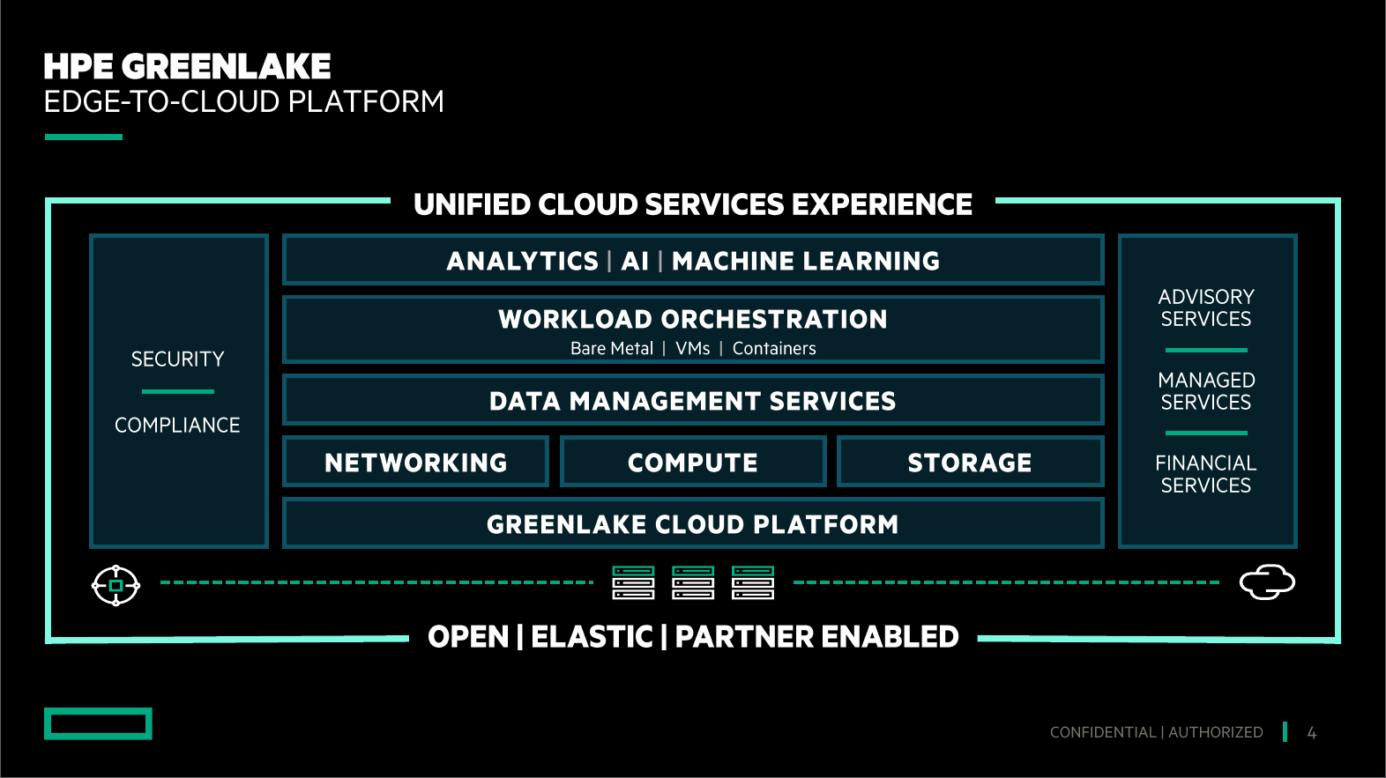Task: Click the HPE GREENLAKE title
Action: (187, 67)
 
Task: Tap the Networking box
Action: (416, 462)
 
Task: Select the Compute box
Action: (693, 462)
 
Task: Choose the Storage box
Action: (970, 462)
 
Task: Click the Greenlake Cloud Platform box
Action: (693, 523)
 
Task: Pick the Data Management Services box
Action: (693, 399)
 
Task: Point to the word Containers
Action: (774, 349)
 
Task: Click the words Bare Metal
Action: (612, 349)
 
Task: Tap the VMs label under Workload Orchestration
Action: (693, 349)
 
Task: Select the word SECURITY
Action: (177, 359)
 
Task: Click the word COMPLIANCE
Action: (177, 425)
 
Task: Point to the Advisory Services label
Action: (1206, 308)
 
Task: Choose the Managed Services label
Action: (1206, 391)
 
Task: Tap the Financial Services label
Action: (1206, 474)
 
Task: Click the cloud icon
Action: (1267, 582)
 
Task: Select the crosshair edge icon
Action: (115, 585)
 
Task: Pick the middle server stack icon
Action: (693, 582)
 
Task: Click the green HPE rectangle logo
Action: (99, 723)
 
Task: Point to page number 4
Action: (1311, 733)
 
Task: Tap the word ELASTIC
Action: (592, 637)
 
